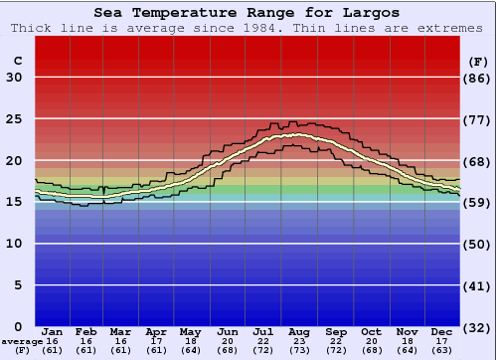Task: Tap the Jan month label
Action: [54, 331]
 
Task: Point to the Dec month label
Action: [443, 331]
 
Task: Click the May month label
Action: [191, 331]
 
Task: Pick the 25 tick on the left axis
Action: [14, 118]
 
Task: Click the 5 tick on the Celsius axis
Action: [17, 285]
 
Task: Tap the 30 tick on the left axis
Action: [14, 78]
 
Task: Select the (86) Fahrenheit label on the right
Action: [478, 78]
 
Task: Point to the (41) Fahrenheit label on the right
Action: [478, 285]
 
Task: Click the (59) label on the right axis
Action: [478, 202]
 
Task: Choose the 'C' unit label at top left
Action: [17, 61]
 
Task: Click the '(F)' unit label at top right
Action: [478, 61]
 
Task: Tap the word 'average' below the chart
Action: [23, 341]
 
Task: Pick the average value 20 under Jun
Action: [227, 341]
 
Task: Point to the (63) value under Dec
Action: [443, 350]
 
